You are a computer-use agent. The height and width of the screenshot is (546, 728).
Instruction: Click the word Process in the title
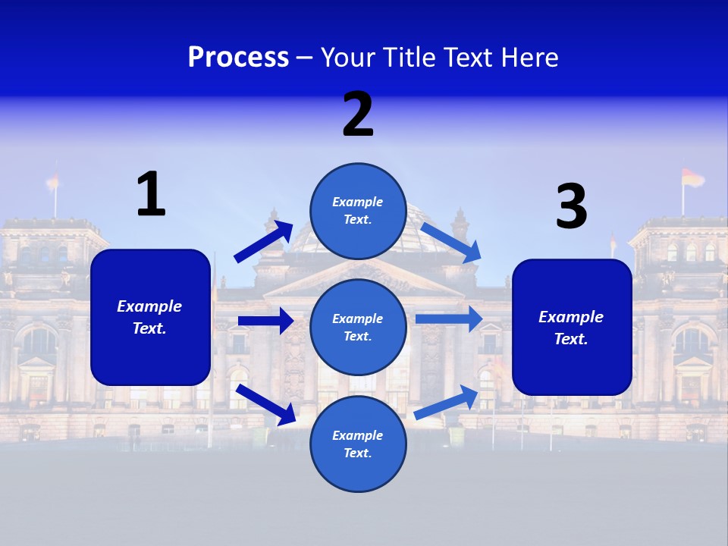[x=238, y=58]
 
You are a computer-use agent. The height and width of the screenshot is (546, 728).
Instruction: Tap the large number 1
[x=151, y=195]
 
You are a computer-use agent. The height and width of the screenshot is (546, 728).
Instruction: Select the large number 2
[x=358, y=115]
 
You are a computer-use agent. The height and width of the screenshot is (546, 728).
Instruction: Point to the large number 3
[x=571, y=207]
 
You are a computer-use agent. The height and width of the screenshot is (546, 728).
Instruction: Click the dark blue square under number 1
[x=150, y=317]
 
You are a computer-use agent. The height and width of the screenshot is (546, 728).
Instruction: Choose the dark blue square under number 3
[x=572, y=328]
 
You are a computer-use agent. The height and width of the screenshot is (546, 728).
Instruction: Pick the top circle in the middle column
[x=358, y=211]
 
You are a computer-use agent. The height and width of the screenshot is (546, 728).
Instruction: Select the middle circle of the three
[x=358, y=328]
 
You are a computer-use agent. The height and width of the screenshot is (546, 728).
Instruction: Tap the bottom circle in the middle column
[x=358, y=444]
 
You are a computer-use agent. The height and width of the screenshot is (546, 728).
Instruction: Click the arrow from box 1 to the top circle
[x=263, y=242]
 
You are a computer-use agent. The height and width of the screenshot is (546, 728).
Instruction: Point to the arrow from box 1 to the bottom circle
[x=265, y=404]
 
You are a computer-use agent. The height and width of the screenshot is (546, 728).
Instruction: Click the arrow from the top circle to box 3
[x=451, y=242]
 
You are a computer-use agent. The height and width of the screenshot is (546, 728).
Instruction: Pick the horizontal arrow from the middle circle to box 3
[x=448, y=318]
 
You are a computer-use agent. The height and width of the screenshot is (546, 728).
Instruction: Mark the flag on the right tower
[x=692, y=177]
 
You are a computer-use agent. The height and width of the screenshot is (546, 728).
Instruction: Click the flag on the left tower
[x=53, y=181]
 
